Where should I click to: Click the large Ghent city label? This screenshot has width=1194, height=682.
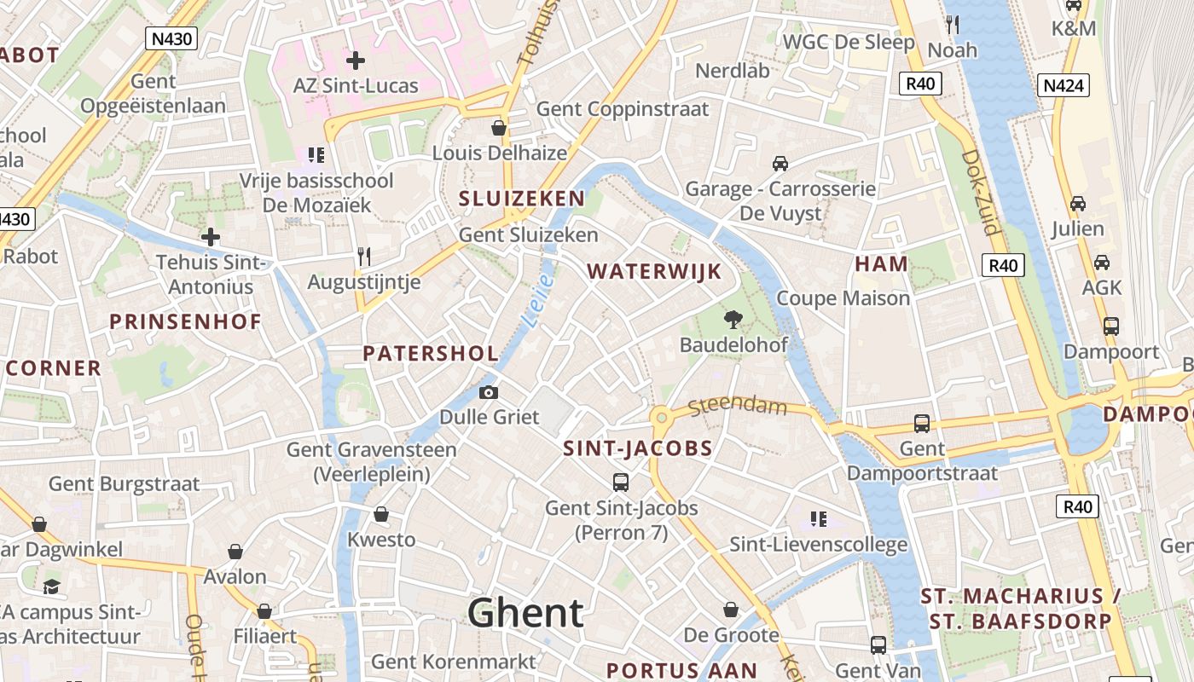[x=525, y=613]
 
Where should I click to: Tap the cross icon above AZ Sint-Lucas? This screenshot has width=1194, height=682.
[x=356, y=61]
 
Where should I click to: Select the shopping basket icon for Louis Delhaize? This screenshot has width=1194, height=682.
[x=499, y=128]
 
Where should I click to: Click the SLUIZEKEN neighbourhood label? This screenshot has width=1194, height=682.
[x=522, y=199]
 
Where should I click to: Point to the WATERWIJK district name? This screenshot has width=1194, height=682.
[x=654, y=272]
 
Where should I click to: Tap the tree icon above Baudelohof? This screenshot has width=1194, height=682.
[x=732, y=320]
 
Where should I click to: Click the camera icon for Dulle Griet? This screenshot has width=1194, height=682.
[x=489, y=392]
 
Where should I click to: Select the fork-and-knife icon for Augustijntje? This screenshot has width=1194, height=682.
[x=364, y=256]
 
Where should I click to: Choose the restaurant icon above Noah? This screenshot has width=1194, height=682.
[x=953, y=25]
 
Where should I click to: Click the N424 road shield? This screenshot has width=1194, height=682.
[x=1064, y=85]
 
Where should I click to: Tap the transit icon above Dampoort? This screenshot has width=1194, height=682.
[x=1110, y=326]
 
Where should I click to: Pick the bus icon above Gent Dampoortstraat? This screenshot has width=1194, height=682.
[x=922, y=423]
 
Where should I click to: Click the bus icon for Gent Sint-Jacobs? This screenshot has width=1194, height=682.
[x=621, y=482]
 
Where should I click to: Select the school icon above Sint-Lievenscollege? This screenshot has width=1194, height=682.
[x=819, y=518]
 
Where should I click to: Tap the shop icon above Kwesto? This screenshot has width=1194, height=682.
[x=381, y=514]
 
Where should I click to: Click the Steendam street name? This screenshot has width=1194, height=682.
[x=737, y=406]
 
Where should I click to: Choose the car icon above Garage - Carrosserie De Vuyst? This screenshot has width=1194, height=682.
[x=780, y=163]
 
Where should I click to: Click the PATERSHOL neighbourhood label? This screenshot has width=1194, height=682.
[x=431, y=353]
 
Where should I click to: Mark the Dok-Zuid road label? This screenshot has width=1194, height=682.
[x=980, y=192]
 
